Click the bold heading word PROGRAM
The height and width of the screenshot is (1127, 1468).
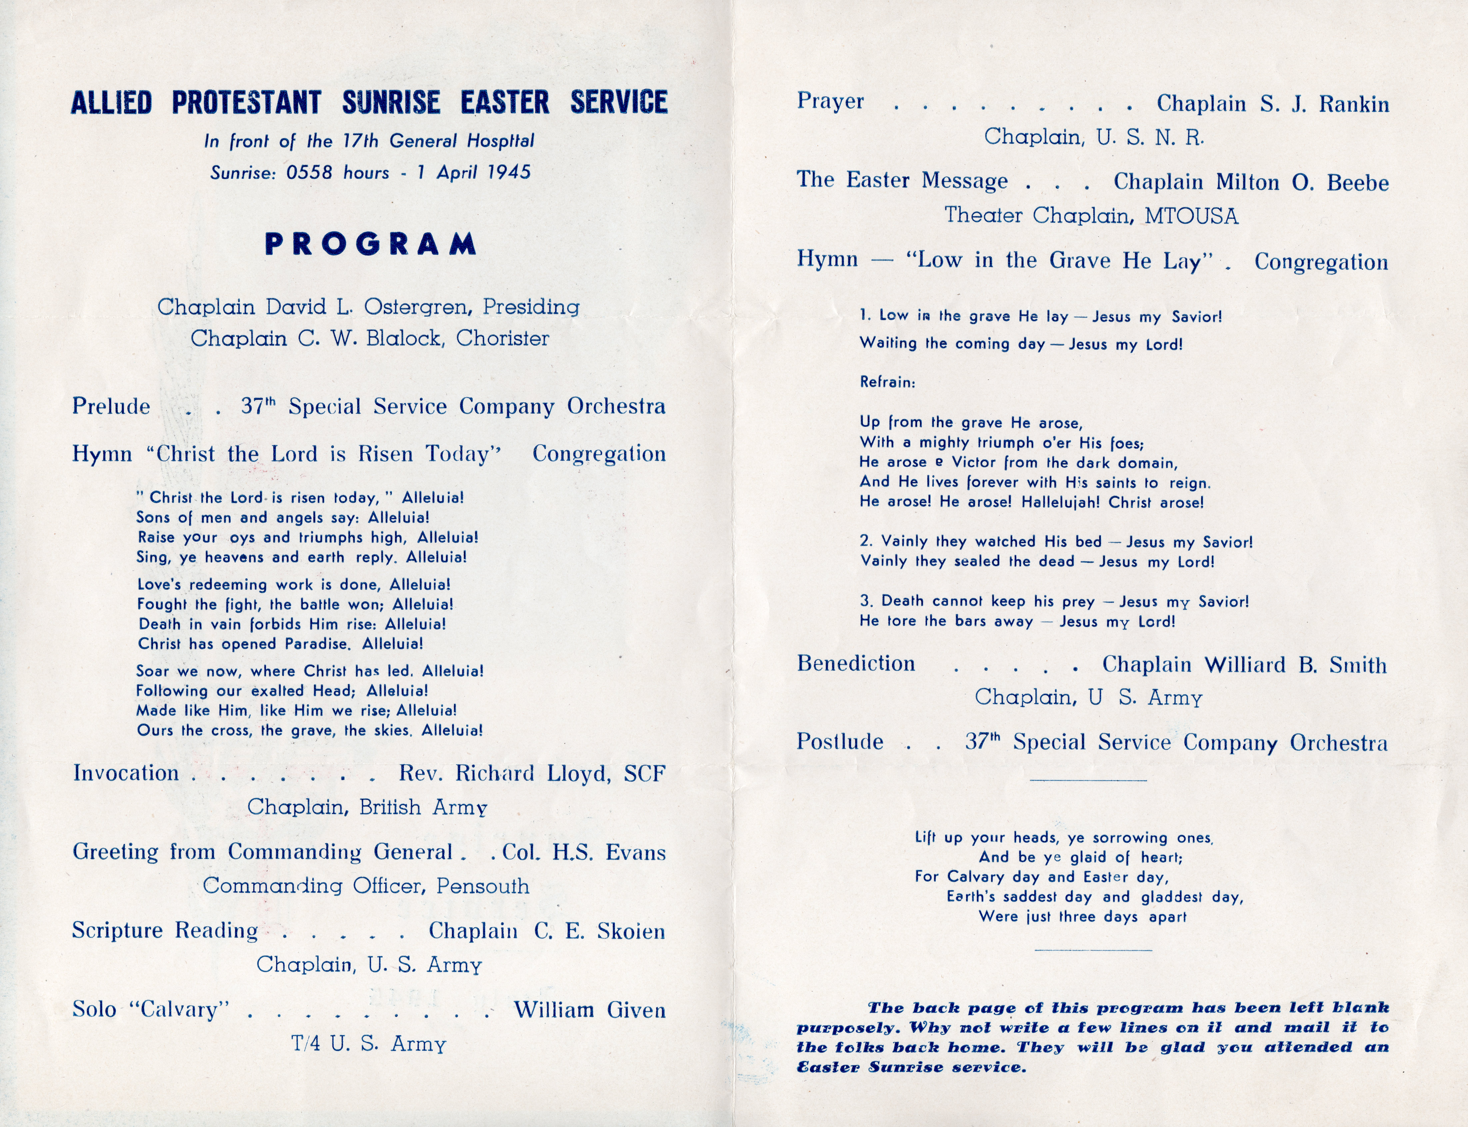click(x=370, y=244)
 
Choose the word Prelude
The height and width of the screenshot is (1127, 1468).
click(x=111, y=406)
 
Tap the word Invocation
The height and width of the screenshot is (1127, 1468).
click(x=126, y=773)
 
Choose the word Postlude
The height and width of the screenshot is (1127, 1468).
click(x=840, y=742)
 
